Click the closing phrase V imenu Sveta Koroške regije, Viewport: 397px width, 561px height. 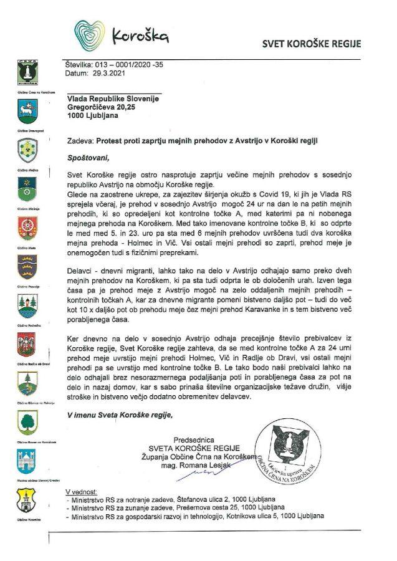click(118, 415)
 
